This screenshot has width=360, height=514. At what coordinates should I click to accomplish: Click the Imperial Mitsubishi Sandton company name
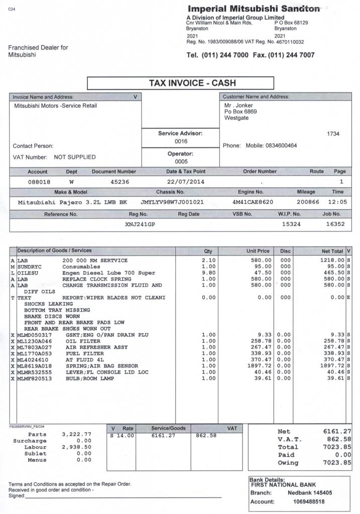point(254,9)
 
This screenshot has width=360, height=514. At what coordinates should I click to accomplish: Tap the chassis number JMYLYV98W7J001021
point(172,202)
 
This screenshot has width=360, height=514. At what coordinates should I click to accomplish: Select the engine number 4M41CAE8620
point(252,202)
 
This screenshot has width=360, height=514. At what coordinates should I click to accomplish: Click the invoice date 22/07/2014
point(185,182)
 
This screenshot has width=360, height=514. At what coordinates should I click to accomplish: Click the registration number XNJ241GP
point(140,224)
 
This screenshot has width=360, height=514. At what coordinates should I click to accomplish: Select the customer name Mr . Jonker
point(238,105)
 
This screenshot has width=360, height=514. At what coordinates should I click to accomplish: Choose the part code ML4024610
point(34,359)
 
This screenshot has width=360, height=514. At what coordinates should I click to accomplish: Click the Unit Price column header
point(258,251)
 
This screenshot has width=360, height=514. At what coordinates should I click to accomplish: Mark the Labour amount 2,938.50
point(76,446)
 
